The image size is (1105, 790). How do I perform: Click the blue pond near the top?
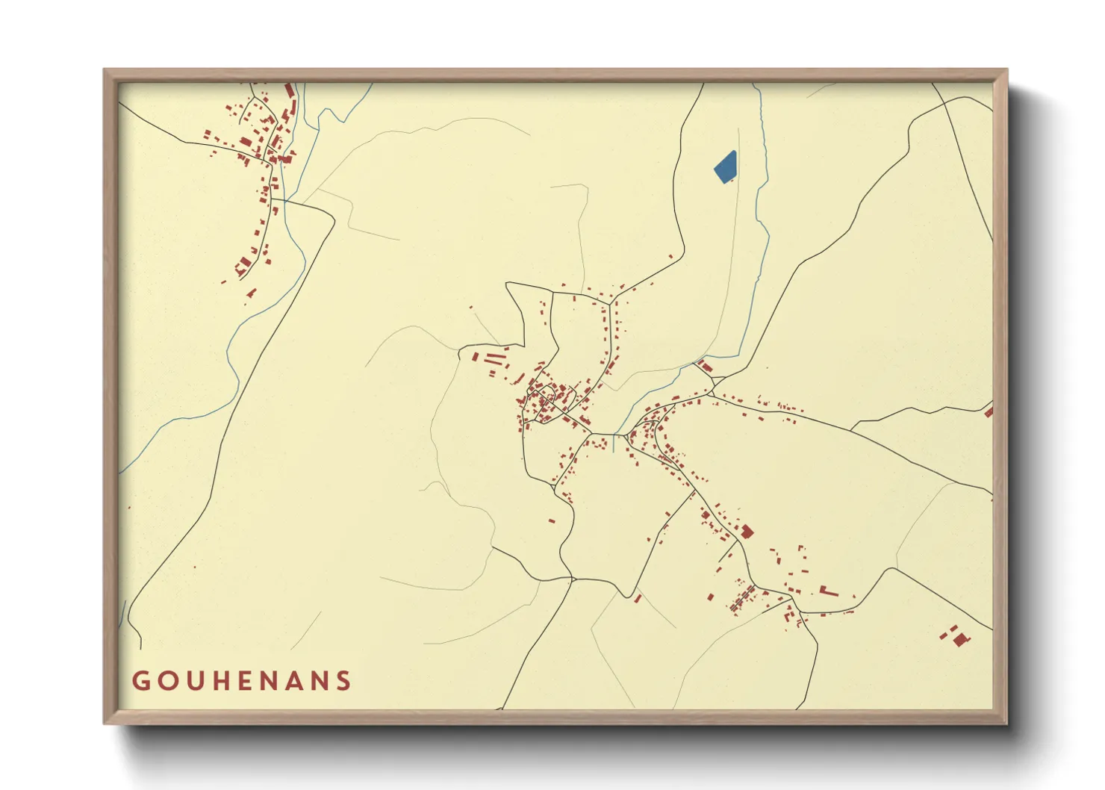[725, 167]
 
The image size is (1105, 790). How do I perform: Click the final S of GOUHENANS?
[343, 681]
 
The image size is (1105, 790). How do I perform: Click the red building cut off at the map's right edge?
[989, 411]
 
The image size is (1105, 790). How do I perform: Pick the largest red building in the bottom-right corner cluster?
[959, 639]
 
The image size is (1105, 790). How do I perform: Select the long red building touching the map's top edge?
[290, 90]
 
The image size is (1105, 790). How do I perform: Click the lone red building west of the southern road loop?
[552, 520]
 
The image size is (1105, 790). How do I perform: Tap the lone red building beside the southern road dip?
[638, 598]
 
